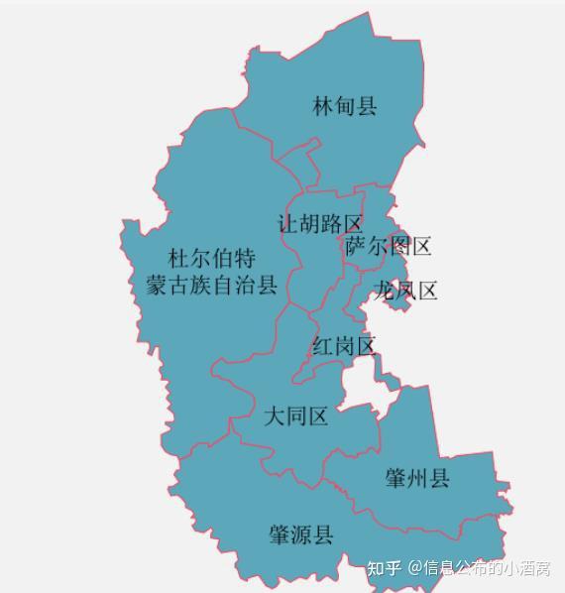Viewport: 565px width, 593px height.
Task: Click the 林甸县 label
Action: coord(345,106)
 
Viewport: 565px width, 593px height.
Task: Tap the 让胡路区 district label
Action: coord(320,224)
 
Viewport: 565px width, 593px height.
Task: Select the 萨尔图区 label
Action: coord(389,247)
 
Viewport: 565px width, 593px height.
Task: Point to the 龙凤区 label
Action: coord(405,291)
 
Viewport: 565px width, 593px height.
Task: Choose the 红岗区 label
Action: coord(344,347)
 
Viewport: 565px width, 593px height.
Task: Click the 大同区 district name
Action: coord(295,416)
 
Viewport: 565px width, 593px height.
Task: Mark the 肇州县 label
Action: coord(417,479)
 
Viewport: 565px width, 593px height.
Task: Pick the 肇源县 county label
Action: coord(300,535)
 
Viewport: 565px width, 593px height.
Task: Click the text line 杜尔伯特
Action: coord(211,260)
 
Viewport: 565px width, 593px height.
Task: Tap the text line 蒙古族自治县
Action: coord(205,287)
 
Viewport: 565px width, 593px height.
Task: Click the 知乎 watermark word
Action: coord(385,568)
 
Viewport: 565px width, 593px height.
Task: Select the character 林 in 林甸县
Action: coord(323,106)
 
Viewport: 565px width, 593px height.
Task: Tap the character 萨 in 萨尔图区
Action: coord(356,247)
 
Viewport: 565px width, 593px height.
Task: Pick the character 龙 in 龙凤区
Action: coord(384,291)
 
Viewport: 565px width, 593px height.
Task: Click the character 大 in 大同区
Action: coord(274,416)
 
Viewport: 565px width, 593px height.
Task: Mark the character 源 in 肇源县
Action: coord(300,535)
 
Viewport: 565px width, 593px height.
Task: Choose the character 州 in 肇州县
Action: coord(417,479)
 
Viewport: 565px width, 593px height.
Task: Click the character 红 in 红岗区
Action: coord(322,347)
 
